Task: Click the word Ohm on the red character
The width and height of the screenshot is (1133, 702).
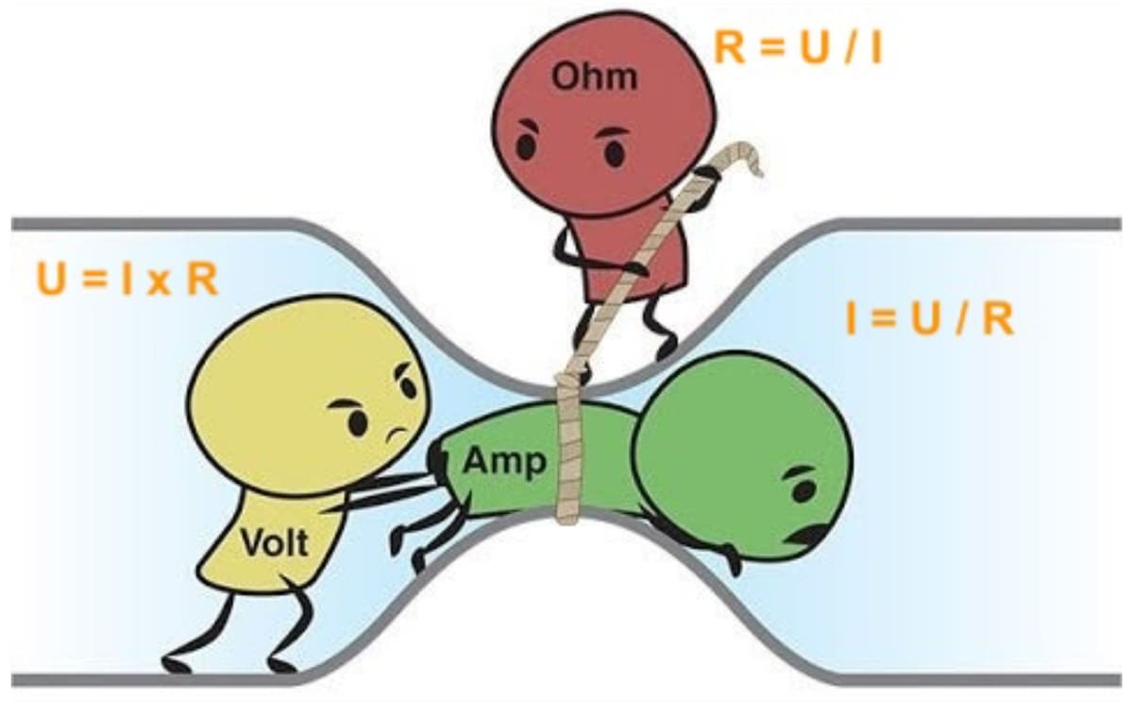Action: (594, 77)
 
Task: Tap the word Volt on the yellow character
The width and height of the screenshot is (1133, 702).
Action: (275, 542)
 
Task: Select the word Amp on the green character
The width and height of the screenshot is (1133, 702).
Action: (505, 463)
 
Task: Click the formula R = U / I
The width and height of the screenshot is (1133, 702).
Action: (798, 48)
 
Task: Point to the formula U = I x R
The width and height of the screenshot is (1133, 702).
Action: (127, 280)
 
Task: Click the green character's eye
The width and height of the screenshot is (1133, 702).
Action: (803, 490)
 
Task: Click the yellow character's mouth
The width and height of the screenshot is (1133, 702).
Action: (397, 435)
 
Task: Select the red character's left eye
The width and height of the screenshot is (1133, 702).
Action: (526, 145)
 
